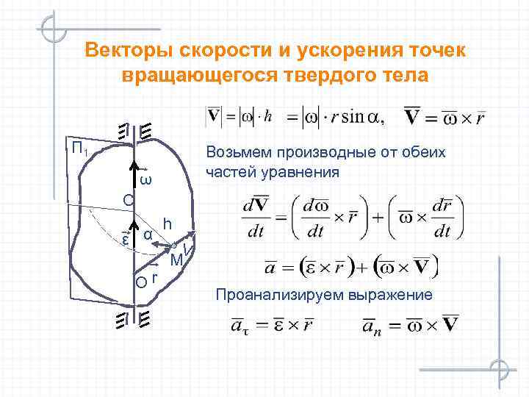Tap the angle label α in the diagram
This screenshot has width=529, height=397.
148,235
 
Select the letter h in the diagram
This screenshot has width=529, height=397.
168,224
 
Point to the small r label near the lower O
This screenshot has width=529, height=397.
155,277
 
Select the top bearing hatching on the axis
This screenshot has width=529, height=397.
134,131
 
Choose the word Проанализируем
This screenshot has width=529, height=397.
267,295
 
